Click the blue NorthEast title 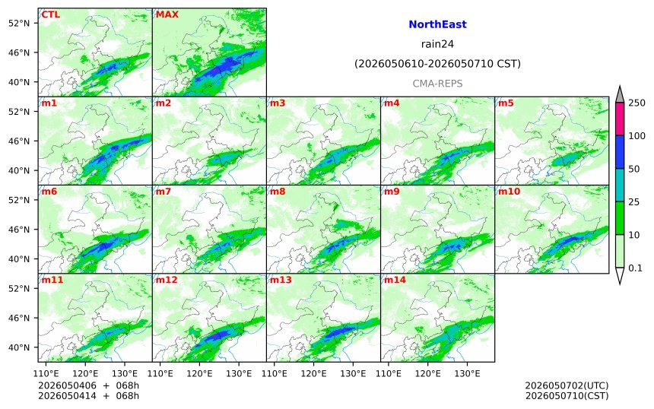437,24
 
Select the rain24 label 437,44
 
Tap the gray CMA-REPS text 437,84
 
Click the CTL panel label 50,14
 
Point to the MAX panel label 167,14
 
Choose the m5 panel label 506,103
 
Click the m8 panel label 278,192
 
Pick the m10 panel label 509,192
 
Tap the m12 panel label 167,280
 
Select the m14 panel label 395,280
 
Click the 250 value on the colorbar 637,103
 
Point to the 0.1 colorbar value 635,268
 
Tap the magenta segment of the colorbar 619,119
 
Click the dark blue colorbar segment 619,152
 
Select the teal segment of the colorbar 619,185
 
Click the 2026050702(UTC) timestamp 567,385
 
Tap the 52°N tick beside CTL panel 19,23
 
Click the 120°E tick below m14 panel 428,373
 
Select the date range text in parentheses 437,64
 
